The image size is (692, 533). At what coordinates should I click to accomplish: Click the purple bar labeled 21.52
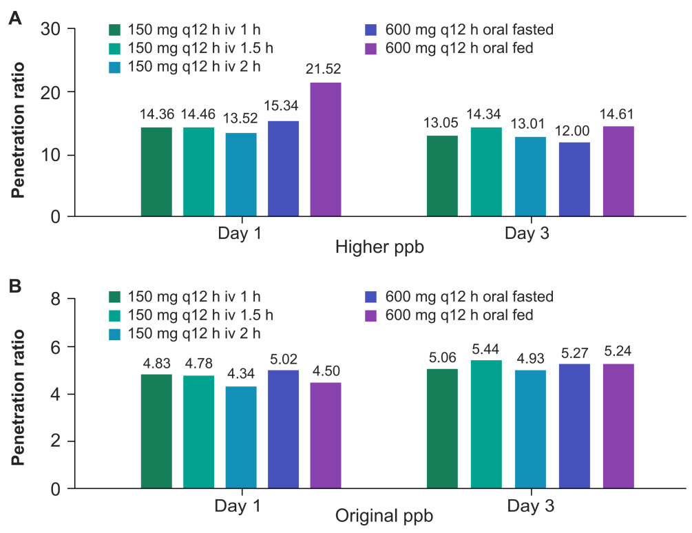(x=325, y=150)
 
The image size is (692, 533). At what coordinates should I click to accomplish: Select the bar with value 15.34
(x=283, y=169)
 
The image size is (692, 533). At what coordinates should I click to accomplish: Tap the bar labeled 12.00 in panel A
(x=574, y=180)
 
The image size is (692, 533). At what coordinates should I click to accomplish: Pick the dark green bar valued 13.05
(x=442, y=176)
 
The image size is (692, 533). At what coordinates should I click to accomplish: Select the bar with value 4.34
(x=241, y=437)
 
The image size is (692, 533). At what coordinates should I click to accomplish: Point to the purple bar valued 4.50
(x=325, y=435)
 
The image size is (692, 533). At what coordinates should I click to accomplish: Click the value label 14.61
(x=618, y=114)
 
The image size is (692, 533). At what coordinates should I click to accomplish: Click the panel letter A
(x=14, y=19)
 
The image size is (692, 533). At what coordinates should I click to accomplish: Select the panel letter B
(x=14, y=284)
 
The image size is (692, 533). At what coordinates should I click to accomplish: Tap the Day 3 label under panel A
(x=527, y=233)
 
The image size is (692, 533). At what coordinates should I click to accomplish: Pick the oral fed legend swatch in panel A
(x=371, y=48)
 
